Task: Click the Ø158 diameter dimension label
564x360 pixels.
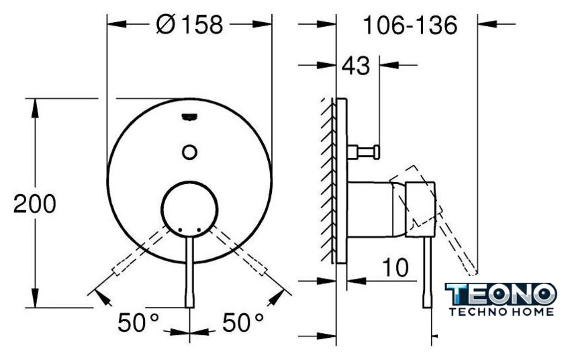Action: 189,24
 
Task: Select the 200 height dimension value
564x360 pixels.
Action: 34,204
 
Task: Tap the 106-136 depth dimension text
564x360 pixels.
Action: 410,25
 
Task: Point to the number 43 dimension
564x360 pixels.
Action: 355,66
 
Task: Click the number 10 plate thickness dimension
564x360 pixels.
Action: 395,267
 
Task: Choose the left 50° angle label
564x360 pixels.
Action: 138,322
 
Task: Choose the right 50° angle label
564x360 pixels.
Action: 243,322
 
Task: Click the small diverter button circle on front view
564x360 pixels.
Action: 189,152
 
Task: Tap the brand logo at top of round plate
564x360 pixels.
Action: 189,118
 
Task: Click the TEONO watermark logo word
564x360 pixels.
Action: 501,294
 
